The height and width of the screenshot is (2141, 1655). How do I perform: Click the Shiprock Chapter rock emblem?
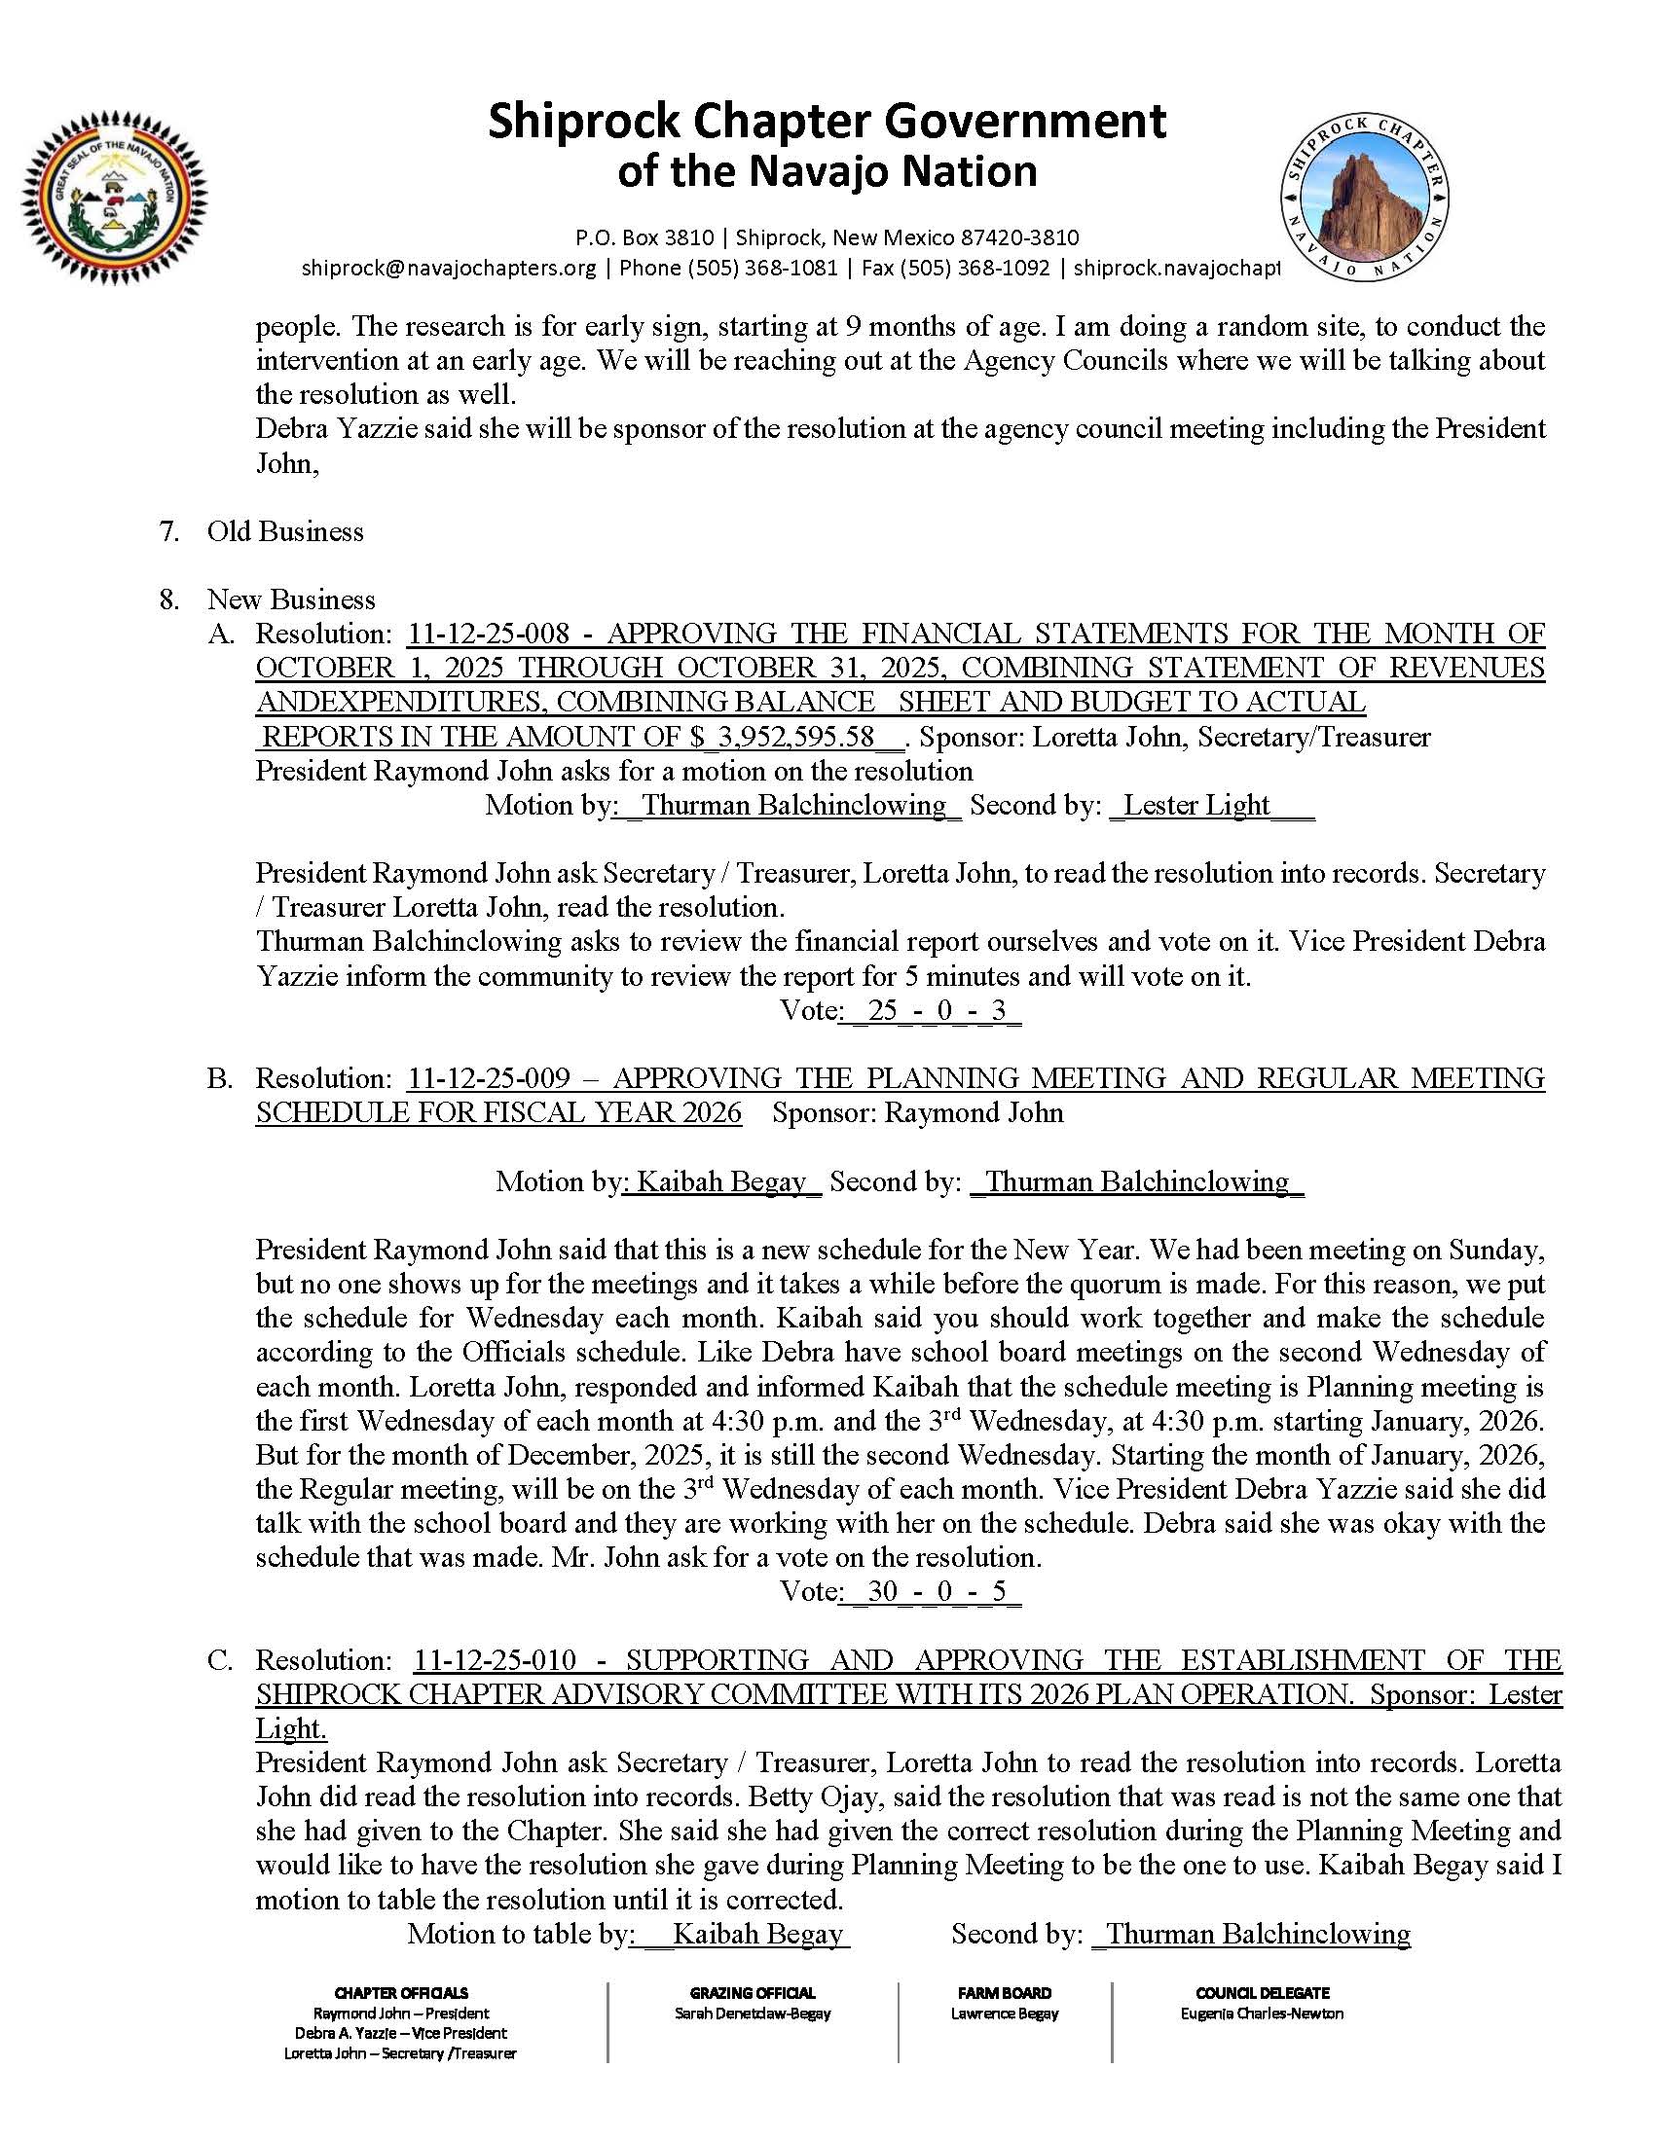click(x=1364, y=196)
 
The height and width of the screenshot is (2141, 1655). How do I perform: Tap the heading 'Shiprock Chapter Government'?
click(x=827, y=123)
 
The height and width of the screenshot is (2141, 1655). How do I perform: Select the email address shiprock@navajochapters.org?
click(x=448, y=268)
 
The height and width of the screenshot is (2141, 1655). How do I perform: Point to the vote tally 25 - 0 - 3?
click(x=931, y=1011)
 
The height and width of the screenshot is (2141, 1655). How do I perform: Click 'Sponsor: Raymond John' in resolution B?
click(x=917, y=1112)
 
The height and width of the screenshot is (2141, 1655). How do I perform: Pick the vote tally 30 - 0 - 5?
click(x=931, y=1591)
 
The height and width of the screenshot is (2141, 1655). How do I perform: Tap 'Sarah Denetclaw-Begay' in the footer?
click(x=752, y=2014)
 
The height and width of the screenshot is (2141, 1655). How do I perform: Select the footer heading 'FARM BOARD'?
click(x=1004, y=1993)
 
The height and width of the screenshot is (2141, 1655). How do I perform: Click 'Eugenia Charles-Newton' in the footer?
click(x=1262, y=2014)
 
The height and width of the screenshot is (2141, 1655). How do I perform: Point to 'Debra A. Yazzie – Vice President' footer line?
click(x=400, y=2033)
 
